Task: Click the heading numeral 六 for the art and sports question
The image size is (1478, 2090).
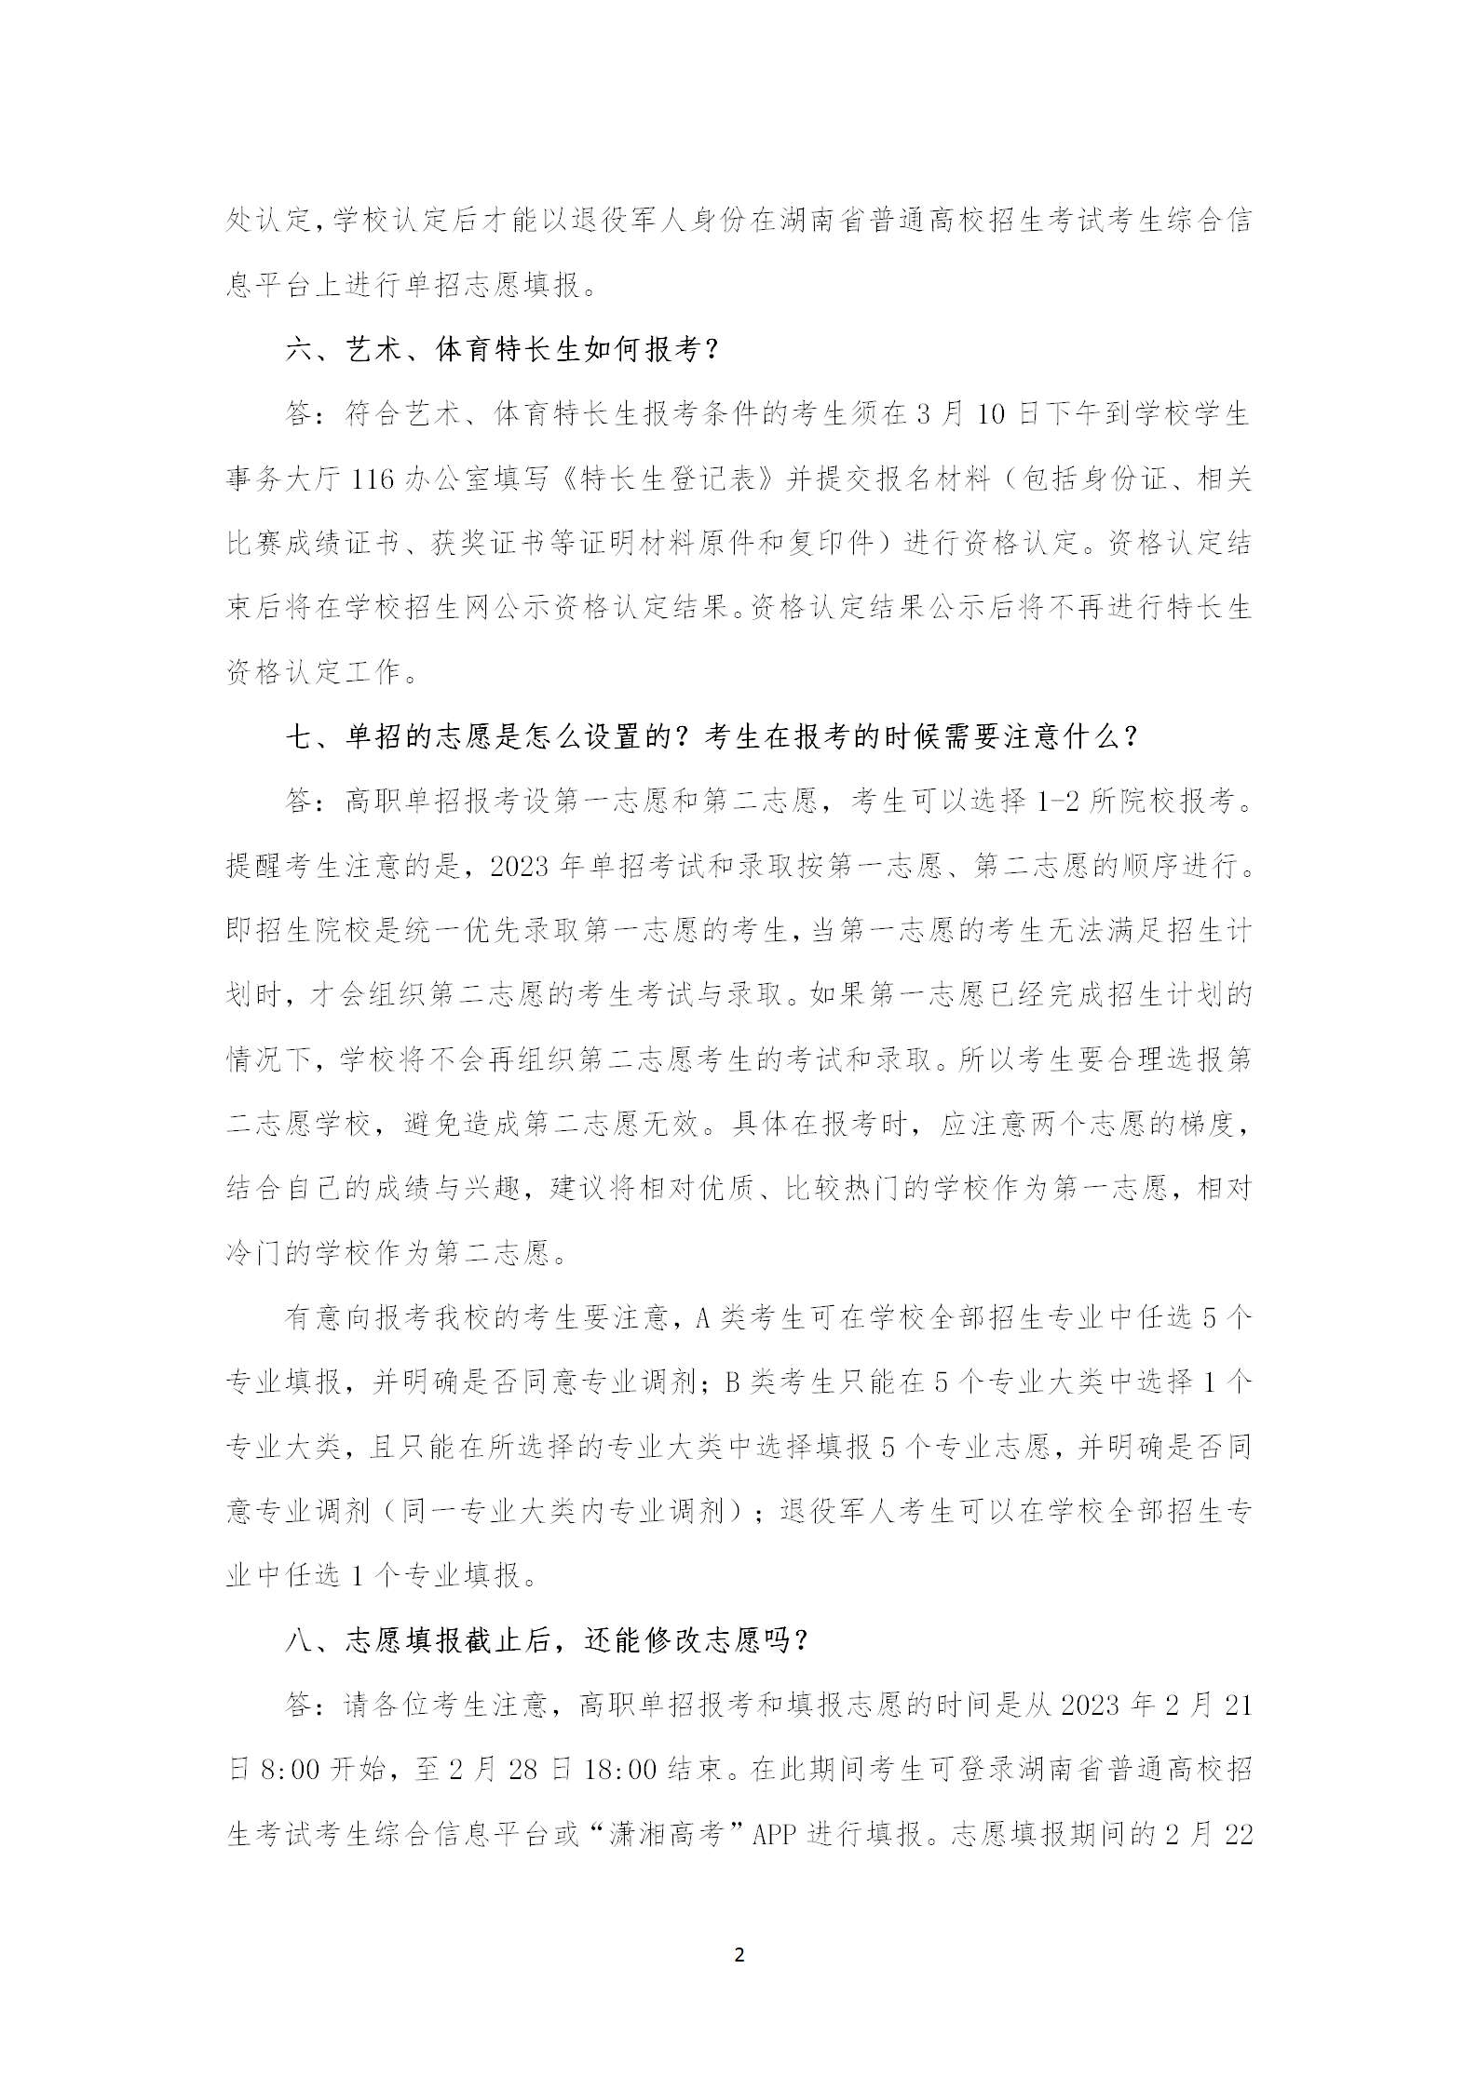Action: pyautogui.click(x=300, y=350)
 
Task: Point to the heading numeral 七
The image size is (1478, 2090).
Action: pyautogui.click(x=300, y=737)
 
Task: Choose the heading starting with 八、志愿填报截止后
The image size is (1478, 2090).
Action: pyautogui.click(x=549, y=1640)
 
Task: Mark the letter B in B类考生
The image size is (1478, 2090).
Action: pyautogui.click(x=731, y=1382)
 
